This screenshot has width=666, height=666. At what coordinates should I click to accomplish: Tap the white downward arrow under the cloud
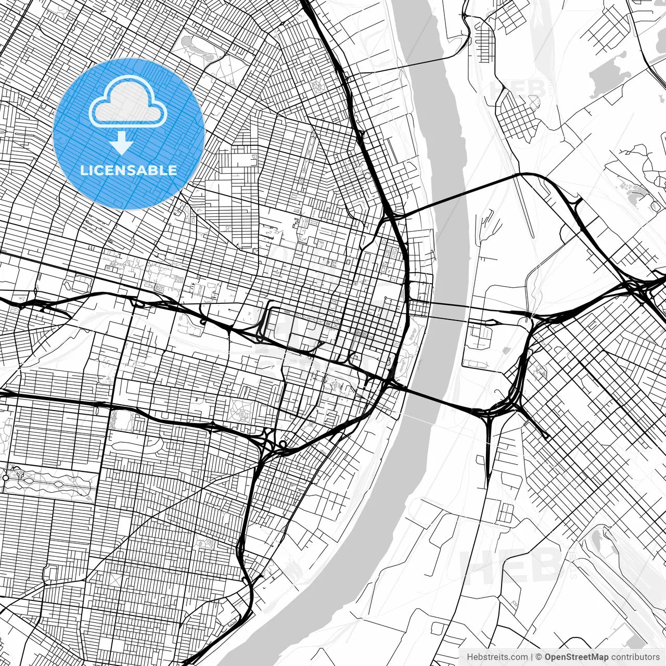(122, 143)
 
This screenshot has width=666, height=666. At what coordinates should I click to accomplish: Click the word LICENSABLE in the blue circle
(129, 170)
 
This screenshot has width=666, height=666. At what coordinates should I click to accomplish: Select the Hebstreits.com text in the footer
(497, 657)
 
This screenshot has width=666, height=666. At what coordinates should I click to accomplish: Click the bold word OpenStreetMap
(576, 657)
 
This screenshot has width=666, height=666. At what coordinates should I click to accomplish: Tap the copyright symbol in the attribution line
(539, 657)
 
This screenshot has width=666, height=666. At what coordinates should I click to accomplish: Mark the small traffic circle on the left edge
(6, 477)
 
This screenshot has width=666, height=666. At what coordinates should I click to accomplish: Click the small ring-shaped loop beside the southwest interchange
(283, 444)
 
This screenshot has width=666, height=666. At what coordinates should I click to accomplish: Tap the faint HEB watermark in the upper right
(518, 88)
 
